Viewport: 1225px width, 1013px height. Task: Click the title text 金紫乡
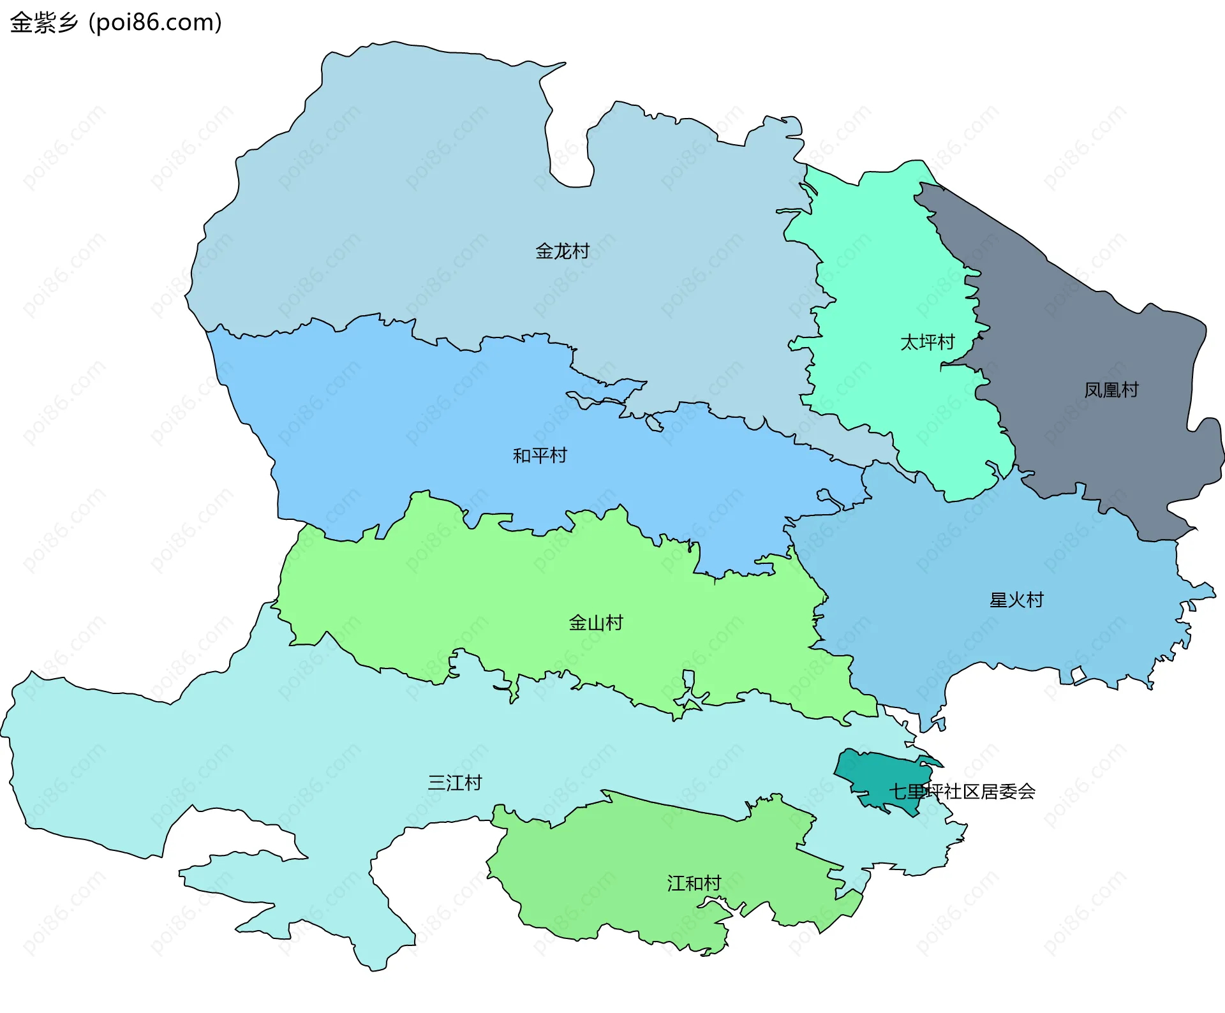click(43, 23)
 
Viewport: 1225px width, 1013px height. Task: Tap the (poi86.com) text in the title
click(155, 23)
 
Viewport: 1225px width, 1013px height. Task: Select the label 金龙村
click(562, 251)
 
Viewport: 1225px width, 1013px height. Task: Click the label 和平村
click(540, 455)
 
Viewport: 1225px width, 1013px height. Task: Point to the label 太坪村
click(927, 343)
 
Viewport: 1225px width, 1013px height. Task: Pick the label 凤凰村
click(1111, 390)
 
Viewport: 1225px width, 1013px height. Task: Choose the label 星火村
click(1016, 600)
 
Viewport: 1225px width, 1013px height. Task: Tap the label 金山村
click(596, 623)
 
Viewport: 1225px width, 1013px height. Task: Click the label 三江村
click(455, 783)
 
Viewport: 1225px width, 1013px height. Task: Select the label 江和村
click(694, 884)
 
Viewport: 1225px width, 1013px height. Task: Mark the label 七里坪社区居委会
click(962, 792)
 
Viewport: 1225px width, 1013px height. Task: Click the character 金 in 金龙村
click(544, 251)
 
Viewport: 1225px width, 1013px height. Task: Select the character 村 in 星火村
click(1035, 600)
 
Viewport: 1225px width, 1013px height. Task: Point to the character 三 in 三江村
click(436, 783)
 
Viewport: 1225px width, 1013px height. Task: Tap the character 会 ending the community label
click(1027, 792)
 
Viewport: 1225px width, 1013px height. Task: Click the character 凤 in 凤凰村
click(1093, 390)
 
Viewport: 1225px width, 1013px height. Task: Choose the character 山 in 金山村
click(596, 623)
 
